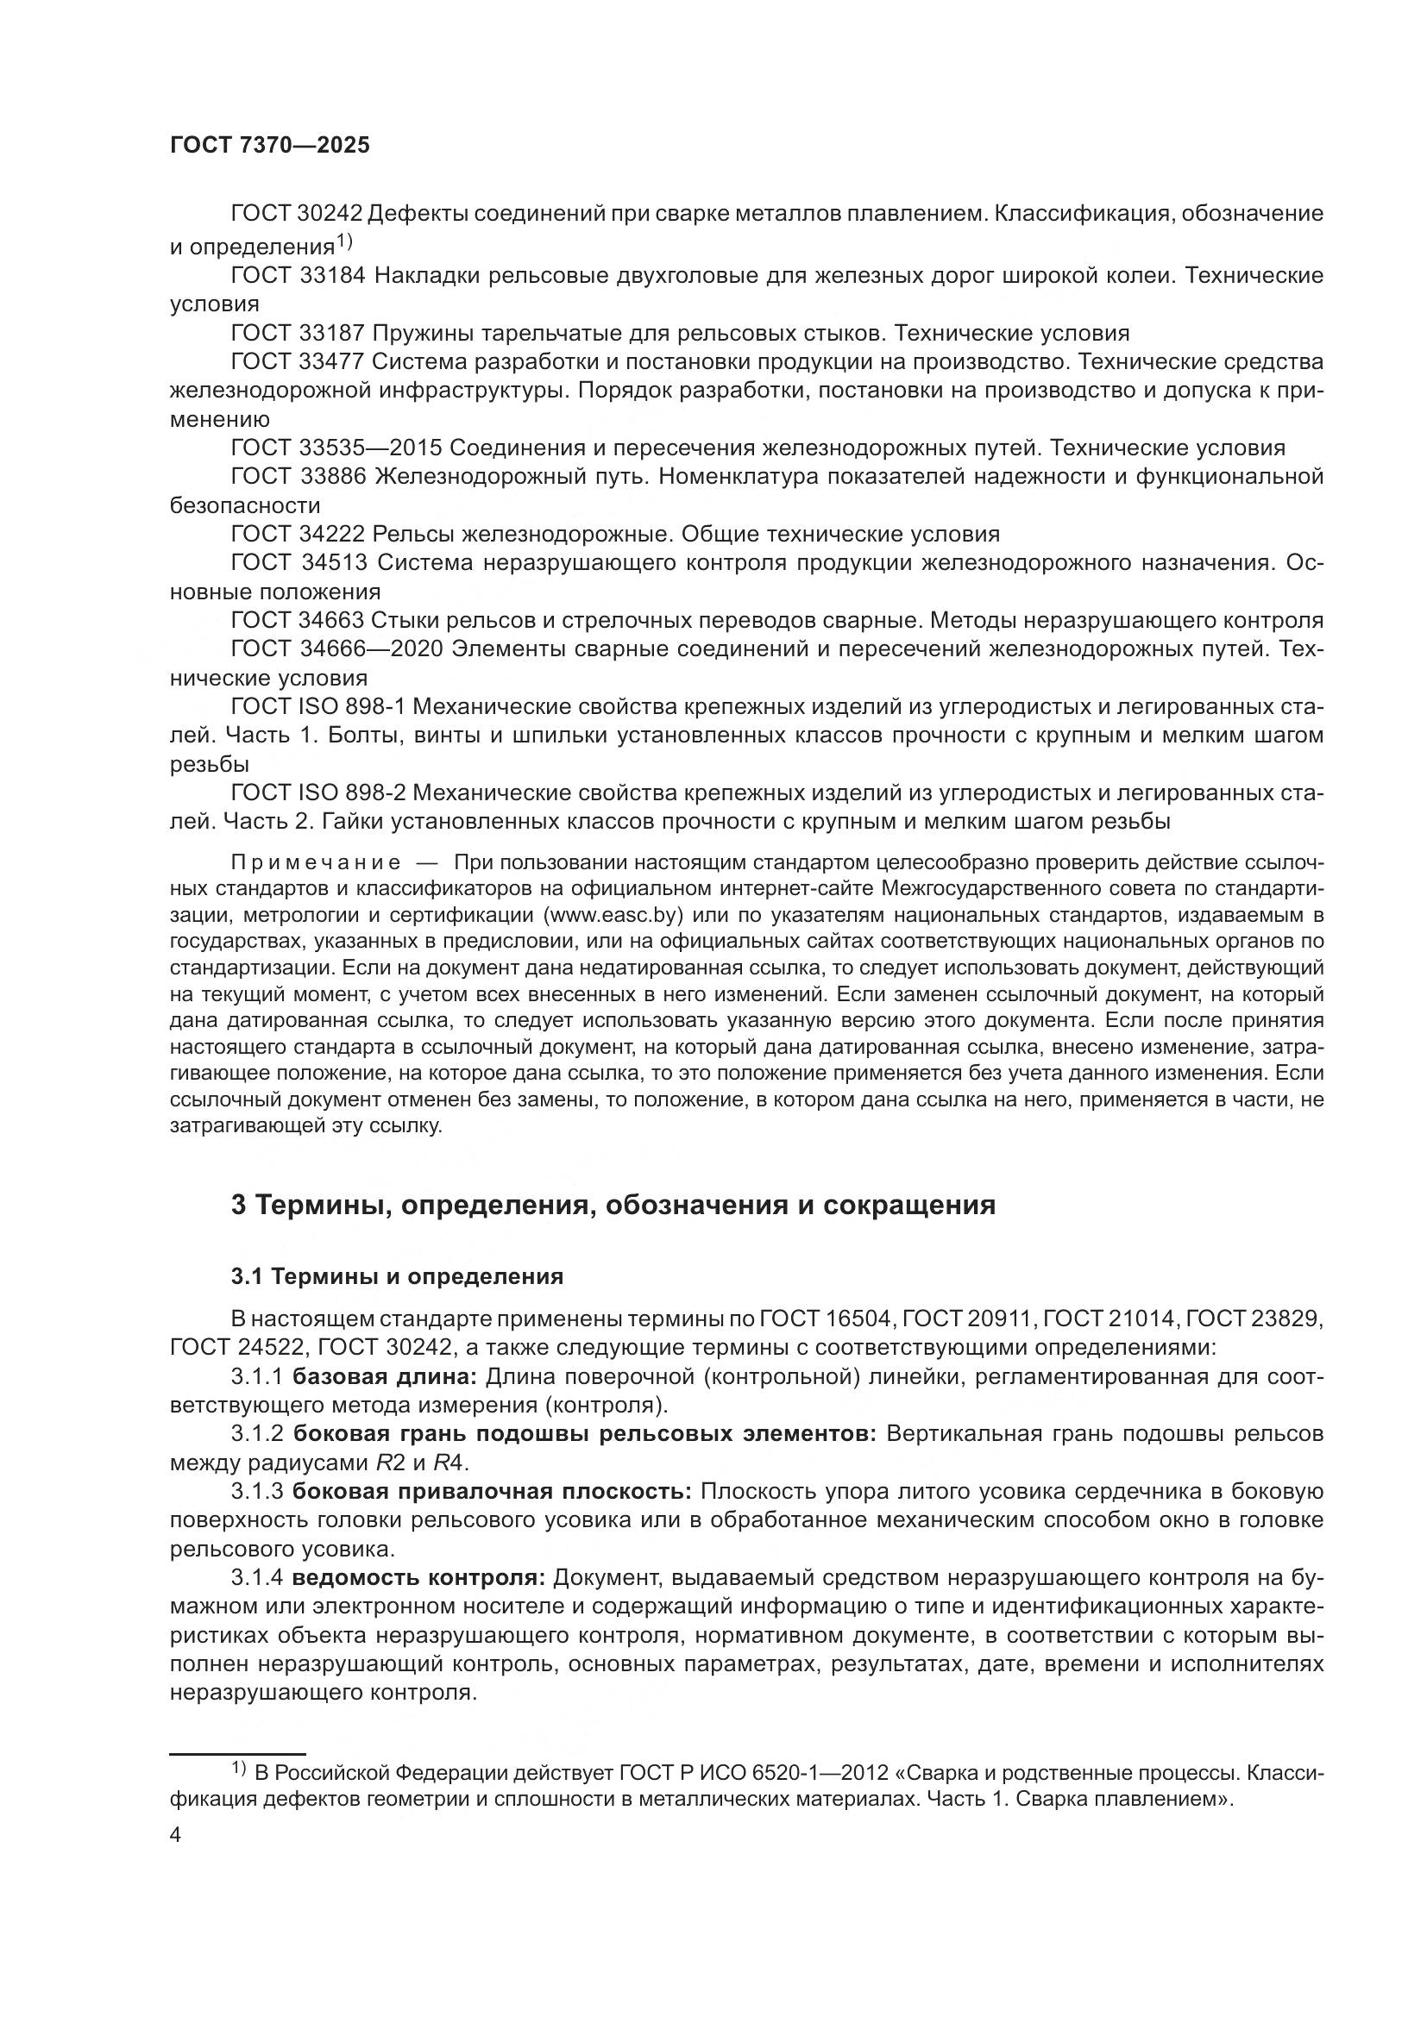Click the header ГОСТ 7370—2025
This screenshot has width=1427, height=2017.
[x=270, y=146]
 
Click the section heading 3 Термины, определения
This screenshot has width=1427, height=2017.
[x=613, y=1205]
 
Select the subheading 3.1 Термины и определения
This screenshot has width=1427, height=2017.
[x=397, y=1275]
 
